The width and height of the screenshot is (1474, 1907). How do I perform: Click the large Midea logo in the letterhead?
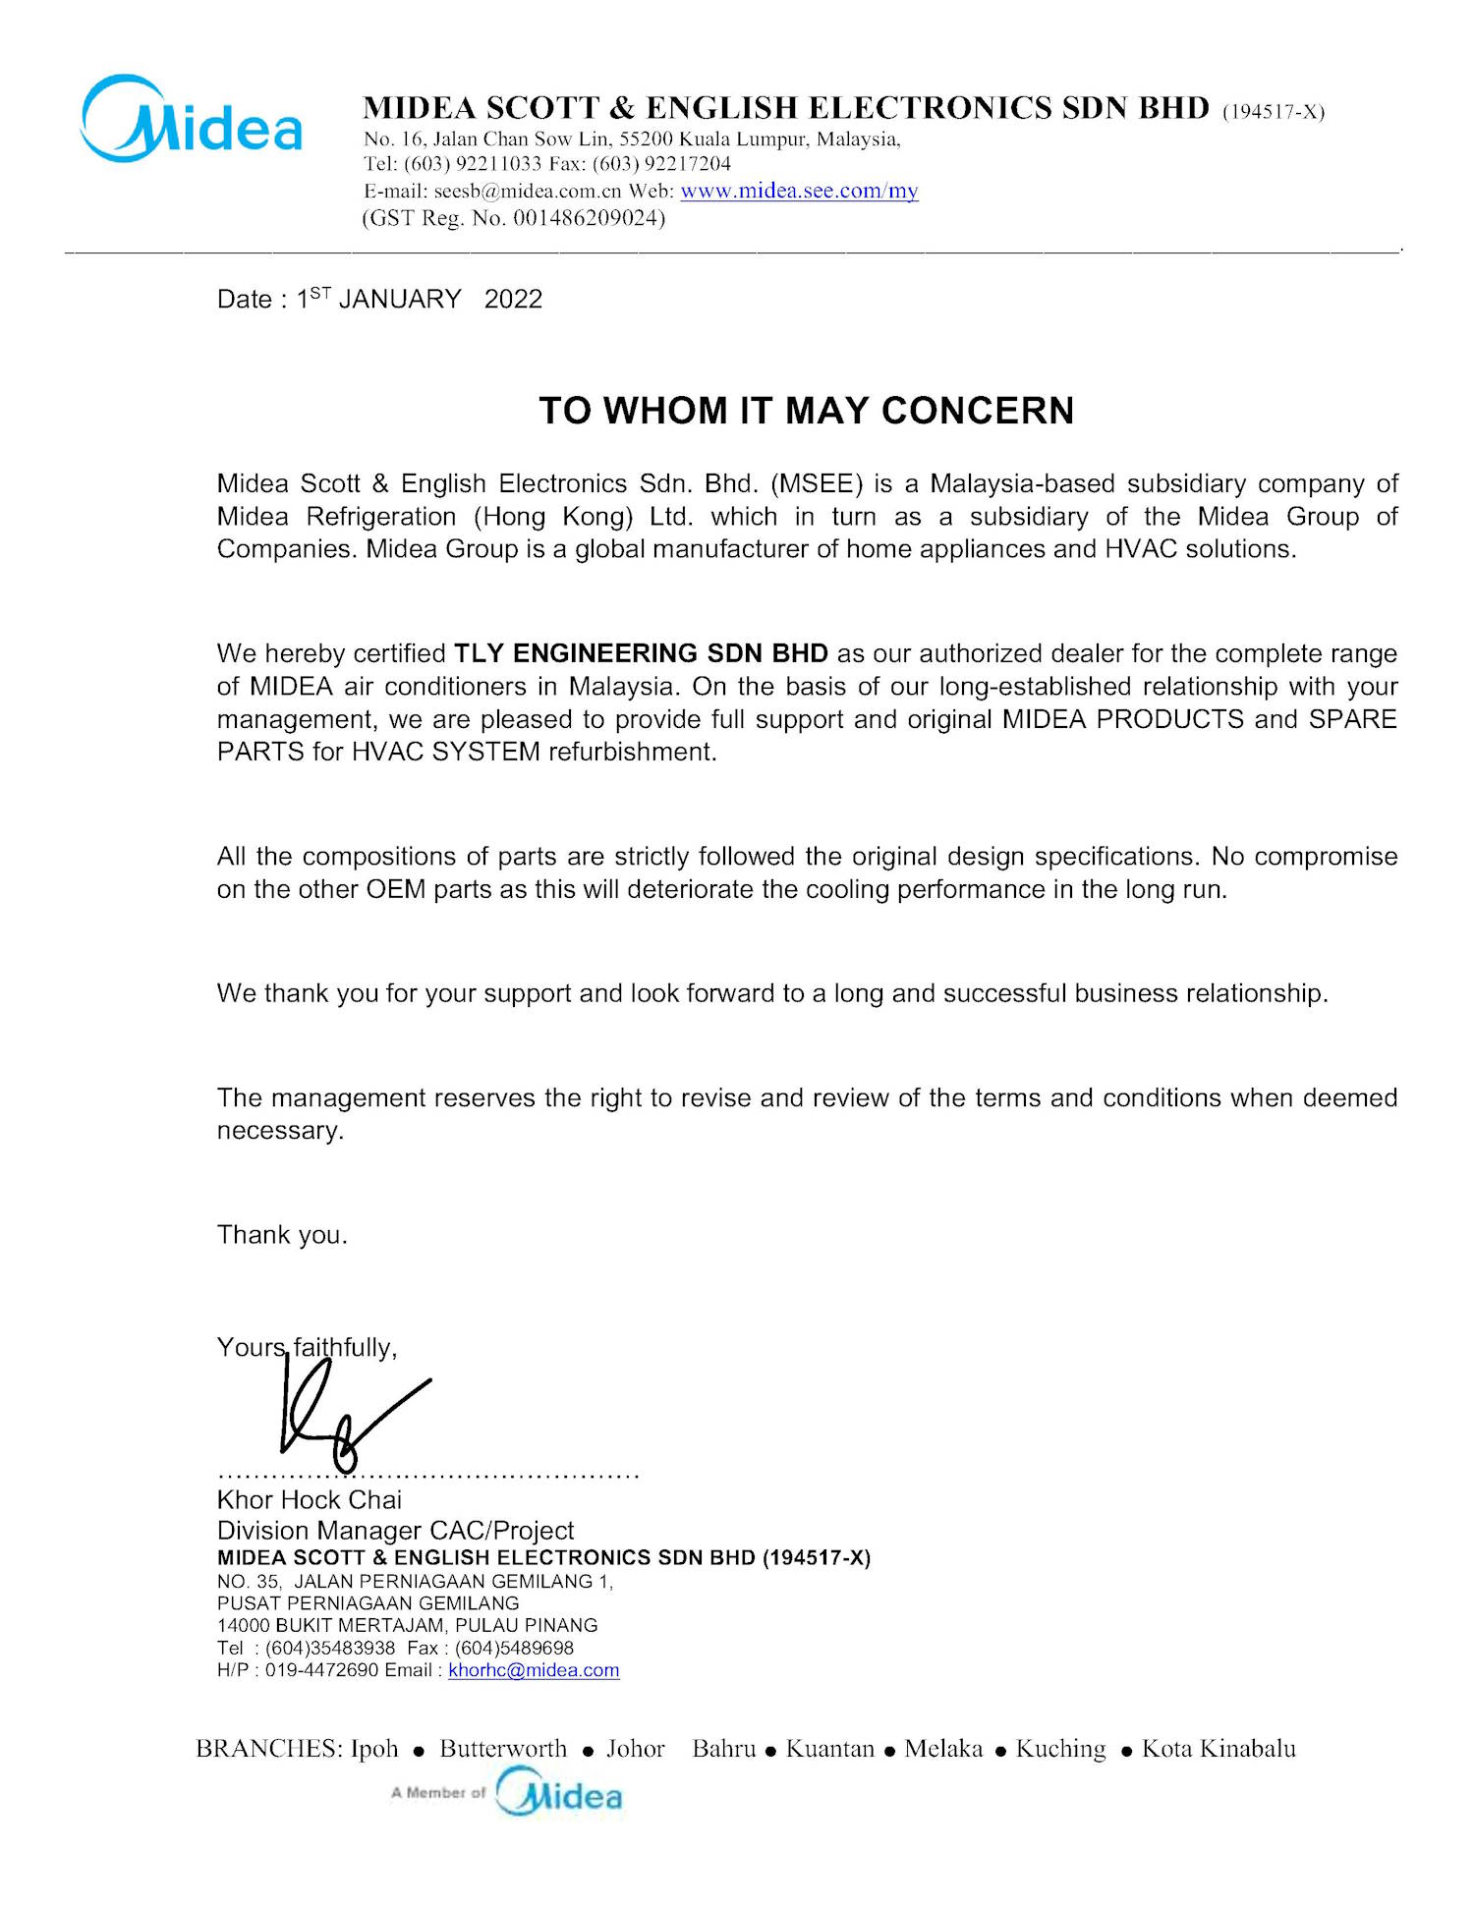pos(192,120)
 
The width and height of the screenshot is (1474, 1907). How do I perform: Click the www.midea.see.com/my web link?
pos(799,191)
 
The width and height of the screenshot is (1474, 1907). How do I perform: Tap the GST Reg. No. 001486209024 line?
pos(513,218)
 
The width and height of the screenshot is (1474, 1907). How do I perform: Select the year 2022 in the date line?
pos(513,299)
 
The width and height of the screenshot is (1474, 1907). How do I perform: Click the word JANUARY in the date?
pos(400,299)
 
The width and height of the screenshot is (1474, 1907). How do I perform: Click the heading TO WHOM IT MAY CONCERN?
pos(806,411)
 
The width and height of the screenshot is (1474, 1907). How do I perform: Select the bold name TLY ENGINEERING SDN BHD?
pos(641,653)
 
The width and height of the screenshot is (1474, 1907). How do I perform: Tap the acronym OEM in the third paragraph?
pos(396,889)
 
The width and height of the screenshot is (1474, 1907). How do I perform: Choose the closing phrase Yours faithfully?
pos(307,1347)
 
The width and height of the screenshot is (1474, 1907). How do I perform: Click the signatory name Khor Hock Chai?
pos(310,1499)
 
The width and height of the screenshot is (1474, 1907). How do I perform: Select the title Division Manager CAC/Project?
pos(395,1530)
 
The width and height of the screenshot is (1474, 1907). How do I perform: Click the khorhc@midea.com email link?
pos(534,1670)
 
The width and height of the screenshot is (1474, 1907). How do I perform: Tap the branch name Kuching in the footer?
pos(1060,1749)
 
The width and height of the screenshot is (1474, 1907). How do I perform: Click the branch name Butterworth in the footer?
pos(503,1749)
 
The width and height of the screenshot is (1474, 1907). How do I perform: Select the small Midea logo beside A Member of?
pos(559,1792)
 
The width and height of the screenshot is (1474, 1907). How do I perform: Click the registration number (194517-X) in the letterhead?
pos(1274,111)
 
